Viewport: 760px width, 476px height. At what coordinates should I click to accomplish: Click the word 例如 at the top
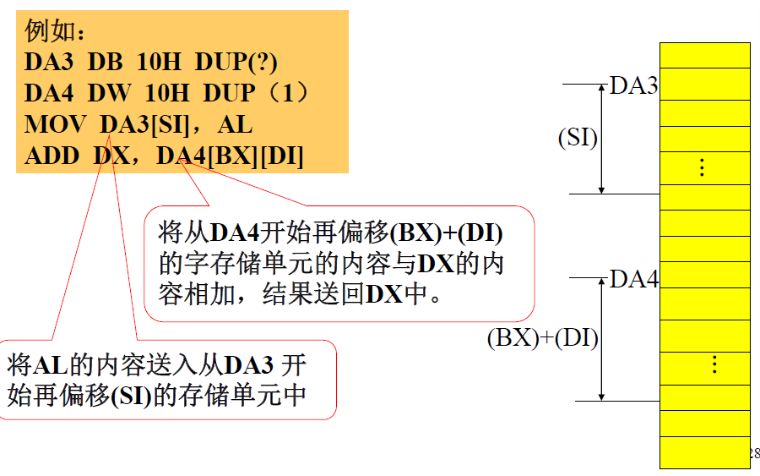49,32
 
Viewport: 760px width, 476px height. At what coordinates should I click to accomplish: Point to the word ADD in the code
52,156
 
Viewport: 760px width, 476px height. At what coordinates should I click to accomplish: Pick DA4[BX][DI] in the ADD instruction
230,156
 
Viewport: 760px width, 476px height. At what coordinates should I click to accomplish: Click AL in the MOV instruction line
235,124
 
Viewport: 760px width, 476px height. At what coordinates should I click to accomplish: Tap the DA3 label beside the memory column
633,85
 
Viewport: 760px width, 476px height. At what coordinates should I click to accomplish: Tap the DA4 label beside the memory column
633,279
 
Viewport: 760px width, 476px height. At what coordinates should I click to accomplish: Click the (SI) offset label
578,138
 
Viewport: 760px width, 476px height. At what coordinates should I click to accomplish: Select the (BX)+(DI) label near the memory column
542,339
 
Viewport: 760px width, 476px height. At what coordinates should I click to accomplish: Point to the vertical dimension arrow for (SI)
601,139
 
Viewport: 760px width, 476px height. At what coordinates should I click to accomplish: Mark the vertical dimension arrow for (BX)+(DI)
601,338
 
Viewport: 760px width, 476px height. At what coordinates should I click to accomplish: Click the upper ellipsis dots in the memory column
702,167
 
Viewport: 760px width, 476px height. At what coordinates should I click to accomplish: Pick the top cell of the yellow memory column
704,56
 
